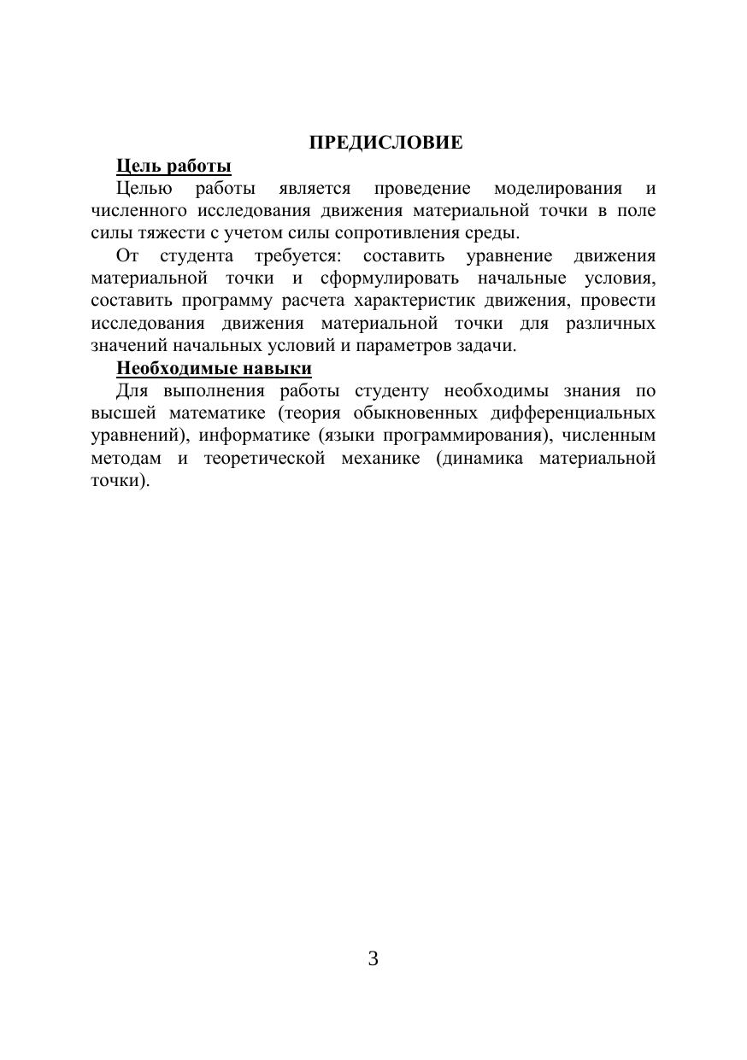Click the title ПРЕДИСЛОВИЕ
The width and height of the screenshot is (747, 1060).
tap(385, 143)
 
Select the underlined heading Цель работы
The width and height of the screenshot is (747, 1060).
tap(174, 165)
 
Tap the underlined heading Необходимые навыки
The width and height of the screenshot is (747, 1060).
tap(214, 368)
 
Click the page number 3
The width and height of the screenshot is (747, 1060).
tap(373, 958)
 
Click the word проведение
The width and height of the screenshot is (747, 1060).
tap(422, 188)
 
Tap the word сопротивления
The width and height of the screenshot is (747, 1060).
tap(398, 232)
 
